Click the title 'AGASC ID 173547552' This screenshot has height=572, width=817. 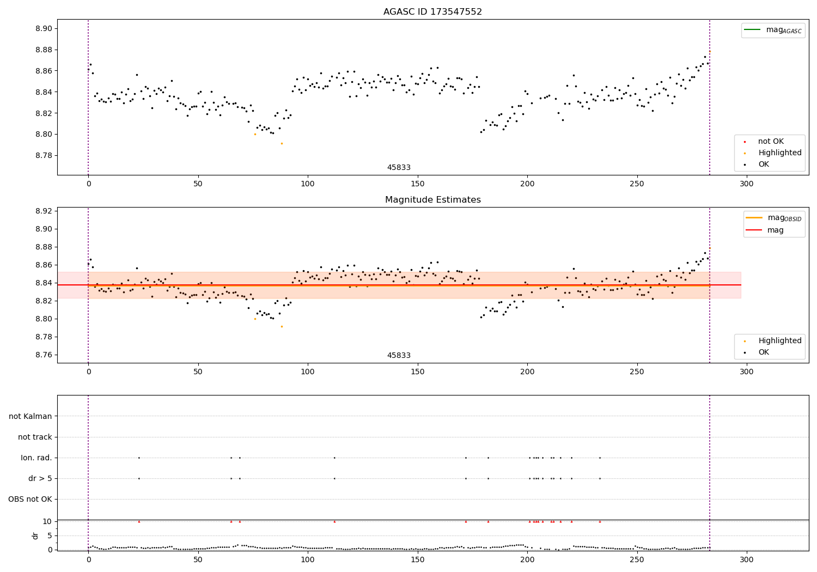[x=432, y=12]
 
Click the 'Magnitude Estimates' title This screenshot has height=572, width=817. [x=432, y=200]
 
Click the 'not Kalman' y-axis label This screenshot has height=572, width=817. [x=31, y=417]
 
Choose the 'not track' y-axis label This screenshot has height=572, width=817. [x=35, y=437]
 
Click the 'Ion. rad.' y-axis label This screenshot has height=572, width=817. [x=36, y=458]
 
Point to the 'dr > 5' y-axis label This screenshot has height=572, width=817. [x=40, y=479]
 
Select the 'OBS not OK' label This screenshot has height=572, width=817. [x=30, y=500]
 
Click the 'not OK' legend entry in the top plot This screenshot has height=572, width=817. [x=771, y=142]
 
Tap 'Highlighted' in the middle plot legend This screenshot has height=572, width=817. [x=779, y=341]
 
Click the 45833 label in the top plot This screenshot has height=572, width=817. [x=399, y=168]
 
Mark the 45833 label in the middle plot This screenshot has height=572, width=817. [x=399, y=356]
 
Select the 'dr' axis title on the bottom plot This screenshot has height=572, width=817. [x=35, y=536]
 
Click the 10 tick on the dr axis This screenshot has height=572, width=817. [x=47, y=521]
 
